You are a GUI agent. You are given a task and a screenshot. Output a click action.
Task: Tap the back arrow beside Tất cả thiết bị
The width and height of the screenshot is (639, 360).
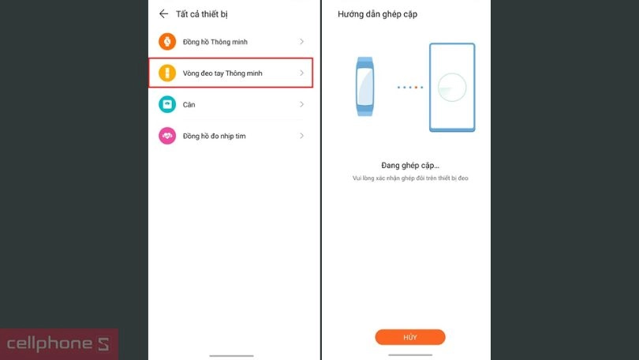point(164,13)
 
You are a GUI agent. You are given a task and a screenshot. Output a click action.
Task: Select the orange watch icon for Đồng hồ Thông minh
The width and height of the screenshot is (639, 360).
point(166,42)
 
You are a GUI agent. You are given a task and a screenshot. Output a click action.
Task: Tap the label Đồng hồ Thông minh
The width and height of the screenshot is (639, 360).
point(215,42)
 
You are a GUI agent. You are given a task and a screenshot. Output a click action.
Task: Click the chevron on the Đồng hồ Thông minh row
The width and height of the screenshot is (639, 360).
point(302,42)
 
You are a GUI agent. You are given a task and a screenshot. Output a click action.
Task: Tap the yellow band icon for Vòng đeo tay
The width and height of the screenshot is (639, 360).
point(166,73)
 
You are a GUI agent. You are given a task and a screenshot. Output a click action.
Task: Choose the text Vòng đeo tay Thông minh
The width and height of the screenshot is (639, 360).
point(222,73)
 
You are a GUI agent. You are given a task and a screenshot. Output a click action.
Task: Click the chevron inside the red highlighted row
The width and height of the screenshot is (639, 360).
point(302,73)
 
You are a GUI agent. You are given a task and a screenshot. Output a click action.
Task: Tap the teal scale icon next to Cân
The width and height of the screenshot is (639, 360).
point(166,104)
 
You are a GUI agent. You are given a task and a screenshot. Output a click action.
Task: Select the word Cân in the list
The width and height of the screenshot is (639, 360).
point(189,104)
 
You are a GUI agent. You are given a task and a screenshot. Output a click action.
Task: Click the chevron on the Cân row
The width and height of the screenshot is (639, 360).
point(302,104)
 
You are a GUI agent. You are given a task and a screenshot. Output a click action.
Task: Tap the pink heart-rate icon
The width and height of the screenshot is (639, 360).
point(166,136)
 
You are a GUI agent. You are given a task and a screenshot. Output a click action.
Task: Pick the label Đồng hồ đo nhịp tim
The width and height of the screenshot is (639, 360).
point(214,136)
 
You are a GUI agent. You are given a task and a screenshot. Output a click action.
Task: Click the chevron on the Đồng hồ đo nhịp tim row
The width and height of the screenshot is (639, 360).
point(302,136)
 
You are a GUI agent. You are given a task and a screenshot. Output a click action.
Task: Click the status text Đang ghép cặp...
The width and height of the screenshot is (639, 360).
point(410,166)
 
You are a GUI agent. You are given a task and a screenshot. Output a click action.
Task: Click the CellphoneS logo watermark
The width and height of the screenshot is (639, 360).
point(59,344)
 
